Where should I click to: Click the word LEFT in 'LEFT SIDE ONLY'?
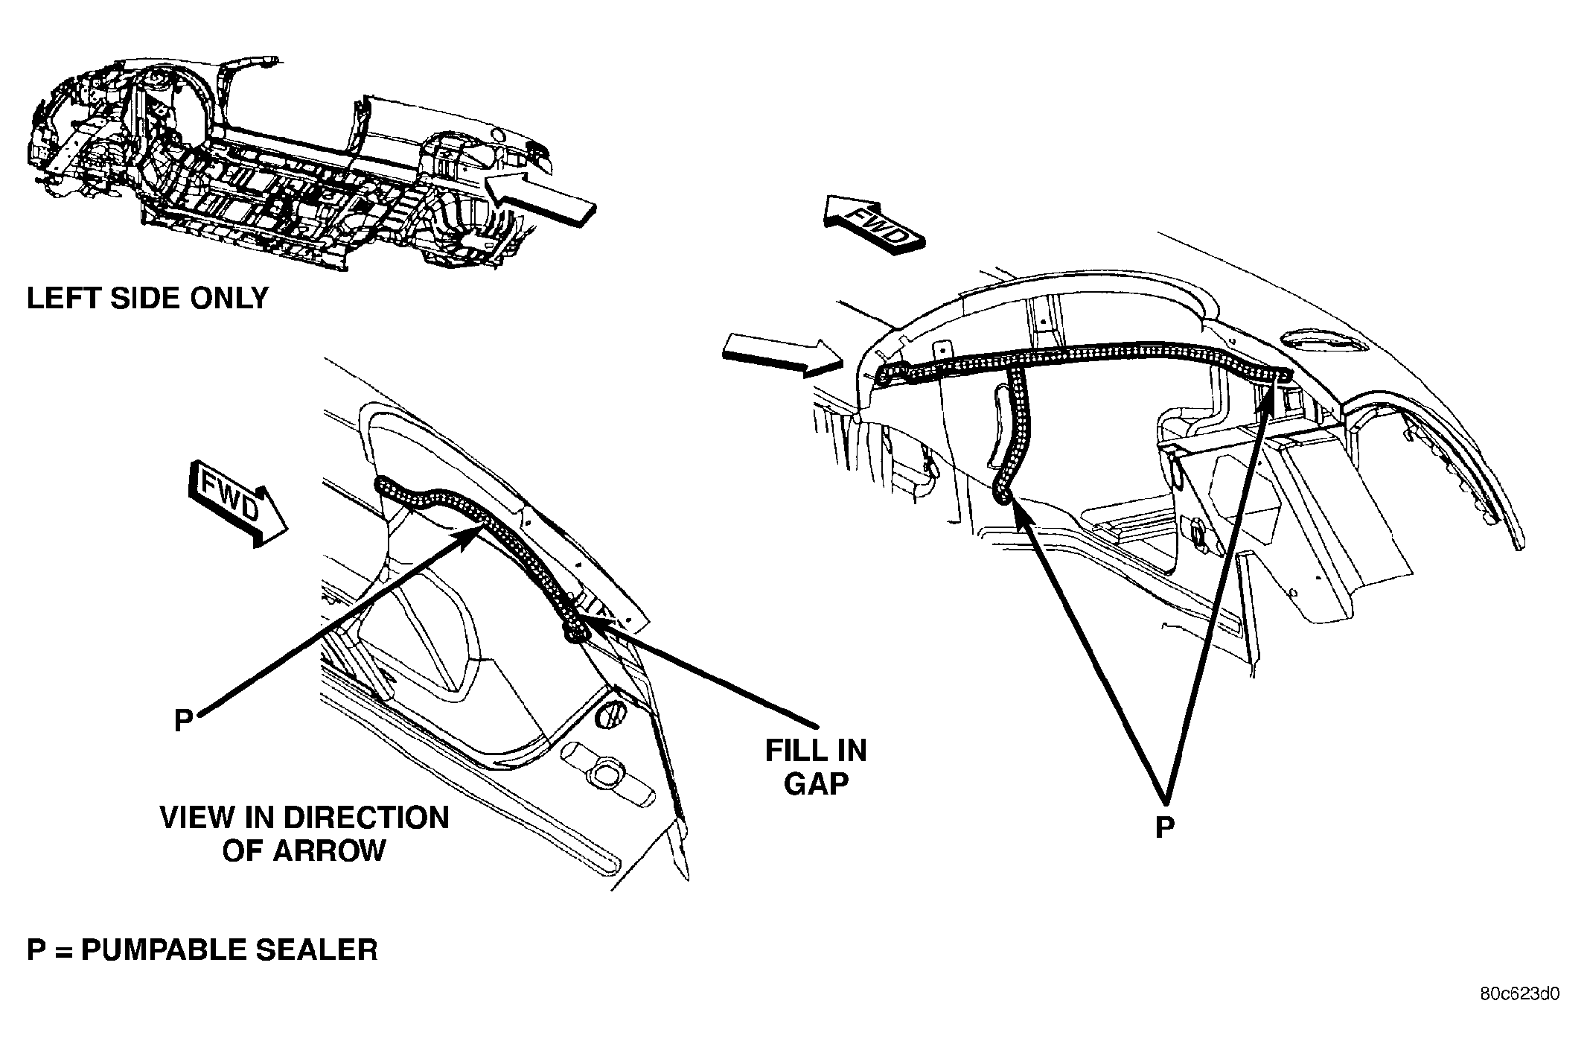coord(63,298)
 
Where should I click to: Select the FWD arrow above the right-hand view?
coord(873,225)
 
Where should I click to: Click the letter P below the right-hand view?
coord(1164,827)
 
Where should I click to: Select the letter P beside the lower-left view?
coord(183,720)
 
